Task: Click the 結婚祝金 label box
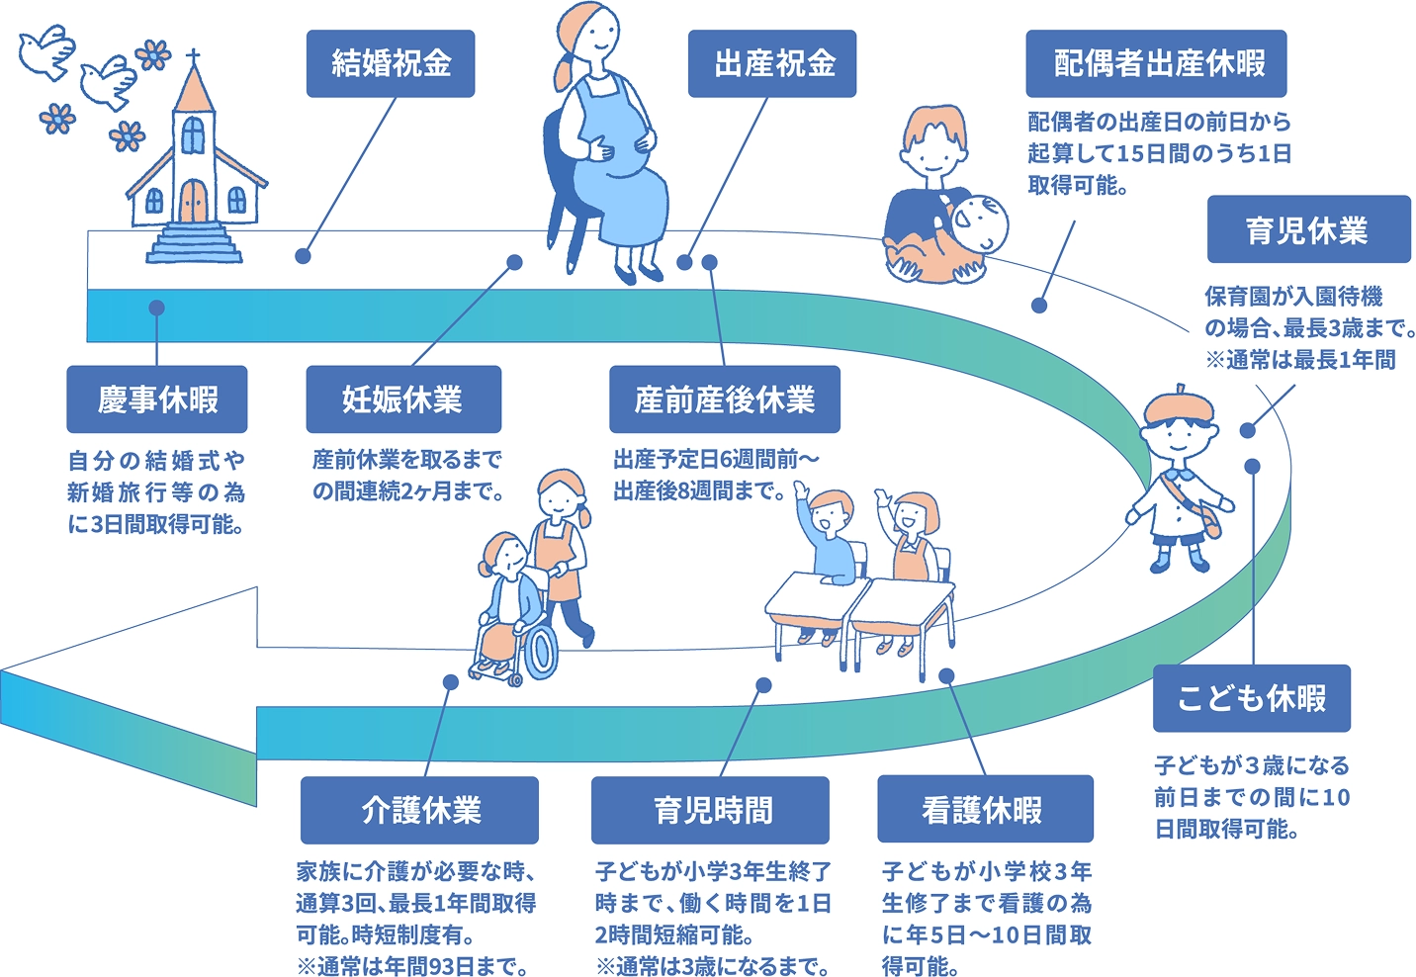pos(391,64)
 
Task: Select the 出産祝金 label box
pos(772,64)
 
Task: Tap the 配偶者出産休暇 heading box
pos(1156,64)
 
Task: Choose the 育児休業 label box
pos(1308,229)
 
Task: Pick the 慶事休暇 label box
pos(157,400)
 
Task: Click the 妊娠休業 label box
pos(403,400)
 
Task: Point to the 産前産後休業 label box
pos(725,400)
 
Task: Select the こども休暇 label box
pos(1252,698)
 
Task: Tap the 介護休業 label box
pos(419,810)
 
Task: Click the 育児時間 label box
pos(710,810)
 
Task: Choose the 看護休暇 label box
pos(985,810)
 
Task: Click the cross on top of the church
pos(194,56)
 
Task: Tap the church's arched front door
pos(195,203)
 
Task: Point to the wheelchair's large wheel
pos(540,652)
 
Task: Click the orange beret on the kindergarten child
pos(1179,402)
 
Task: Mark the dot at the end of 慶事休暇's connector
pos(156,308)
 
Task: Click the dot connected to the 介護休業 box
pos(451,682)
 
